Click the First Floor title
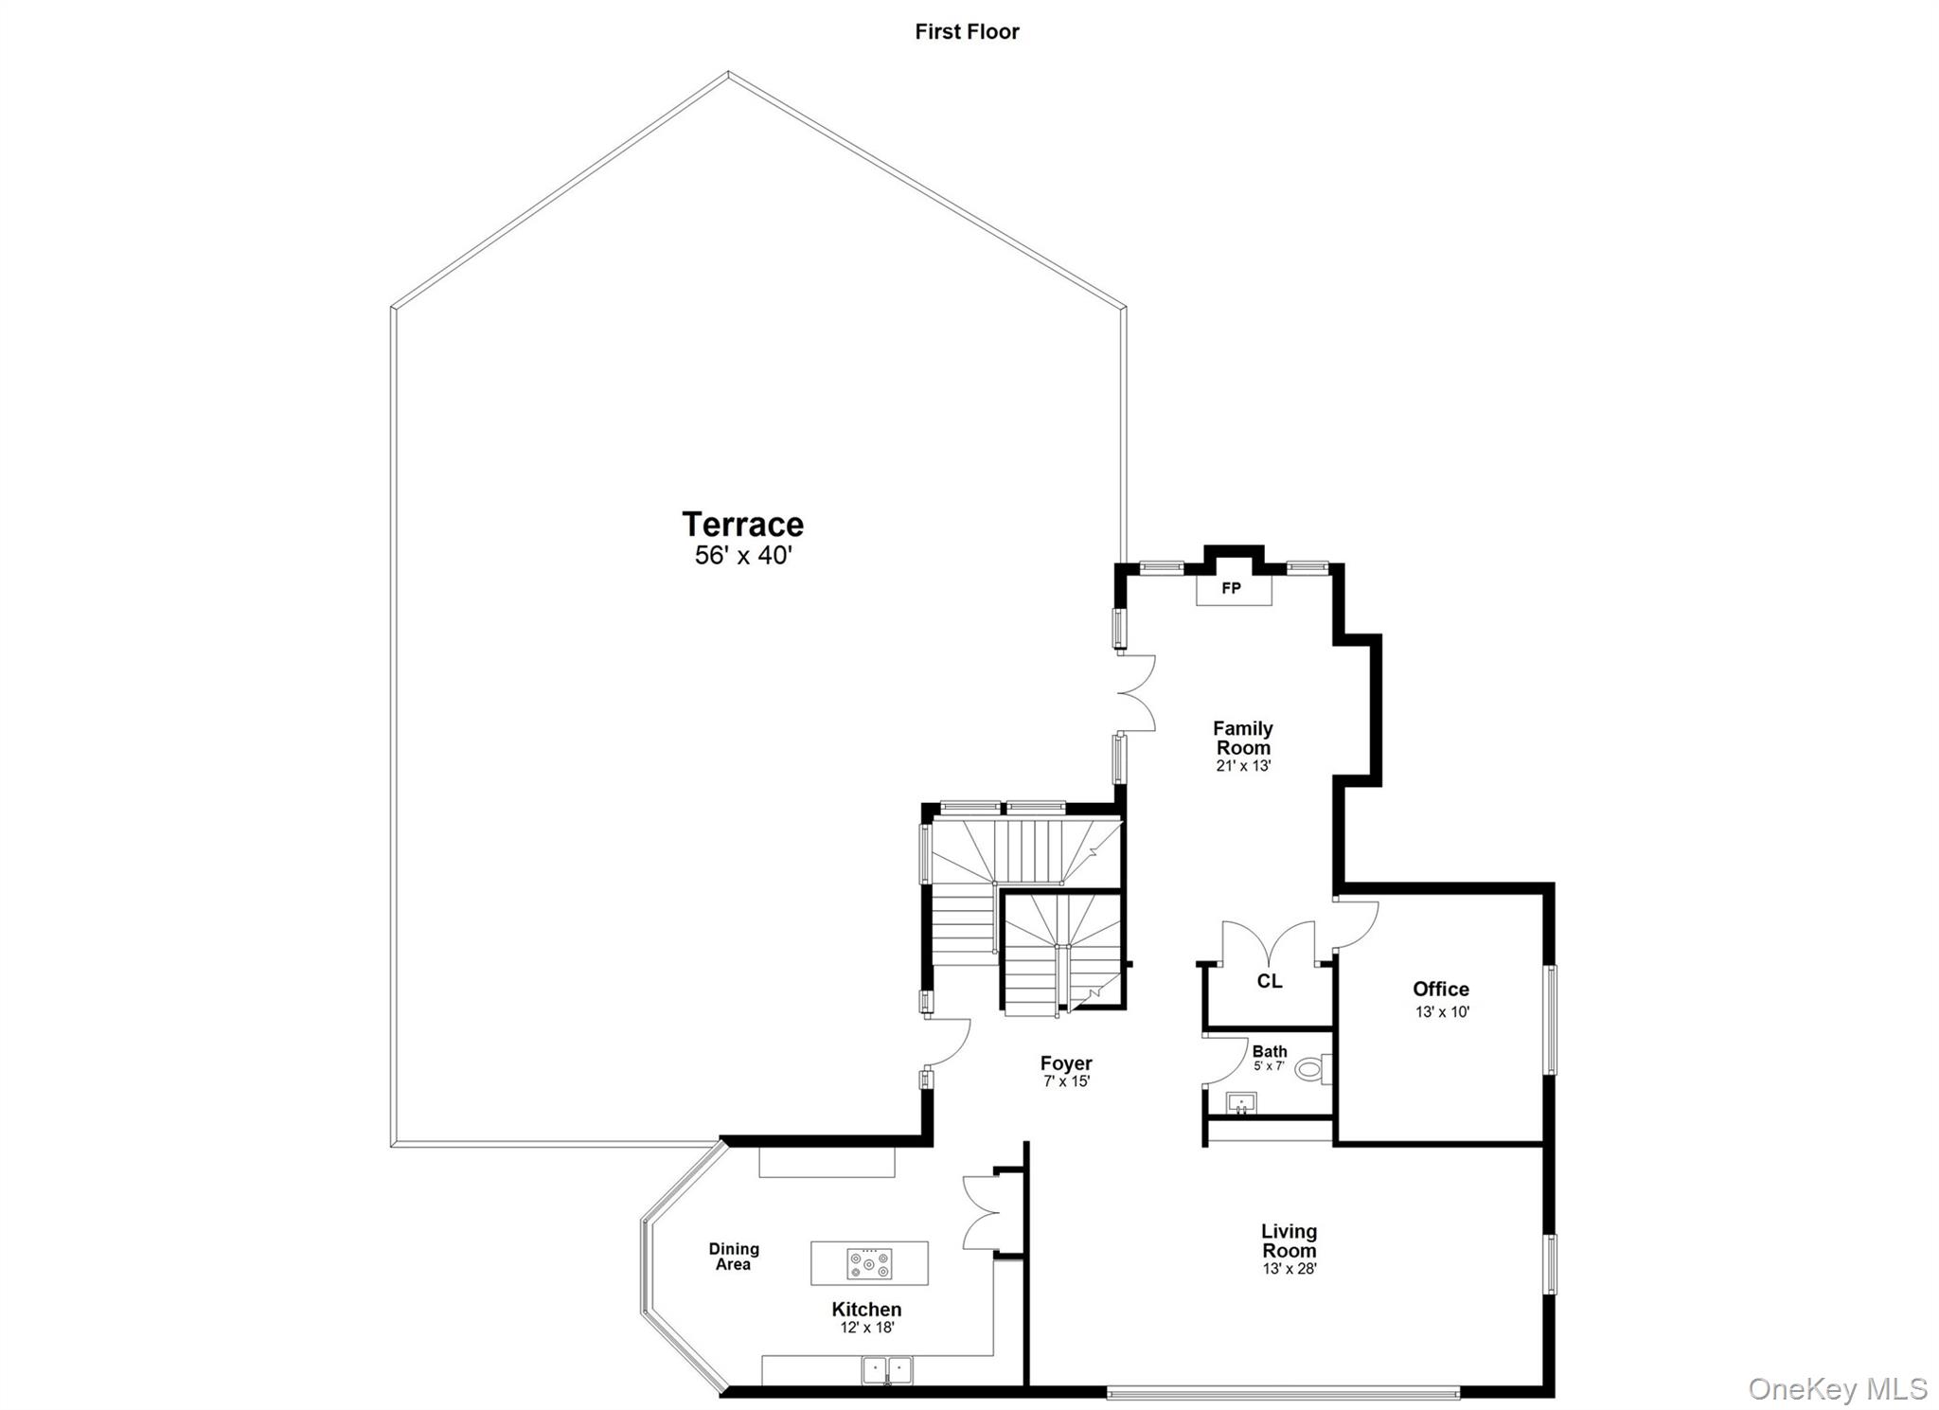(967, 31)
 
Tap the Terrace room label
(742, 524)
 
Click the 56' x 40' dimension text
(742, 555)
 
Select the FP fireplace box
(1233, 589)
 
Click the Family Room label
(1242, 738)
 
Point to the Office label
(1440, 989)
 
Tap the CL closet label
(1269, 981)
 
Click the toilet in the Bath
(1311, 1070)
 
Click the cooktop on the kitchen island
(869, 1263)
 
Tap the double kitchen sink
(887, 1369)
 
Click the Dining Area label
(734, 1257)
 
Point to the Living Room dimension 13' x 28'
(1289, 1269)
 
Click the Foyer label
(1066, 1062)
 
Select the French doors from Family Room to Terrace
(1136, 693)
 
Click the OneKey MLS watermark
(1836, 1389)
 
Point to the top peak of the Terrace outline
(728, 73)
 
